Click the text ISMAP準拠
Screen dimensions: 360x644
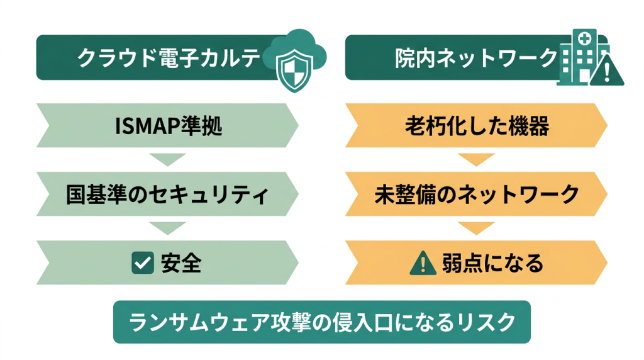pos(169,126)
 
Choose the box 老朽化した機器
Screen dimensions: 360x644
pos(476,126)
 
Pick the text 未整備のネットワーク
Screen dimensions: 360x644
pos(476,194)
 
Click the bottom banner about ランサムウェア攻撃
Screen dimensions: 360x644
pos(321,322)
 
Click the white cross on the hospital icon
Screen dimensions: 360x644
pos(586,38)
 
